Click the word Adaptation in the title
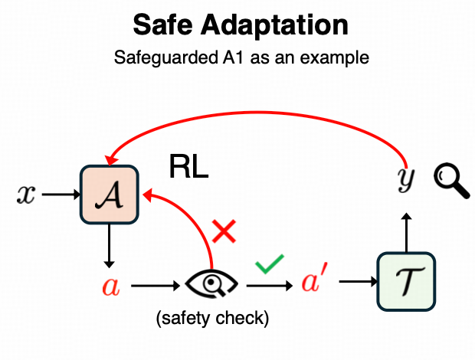[x=282, y=26]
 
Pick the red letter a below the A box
[x=110, y=287]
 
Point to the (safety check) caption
[x=211, y=318]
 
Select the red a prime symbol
[x=312, y=283]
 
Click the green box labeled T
[x=406, y=282]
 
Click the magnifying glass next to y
[x=450, y=181]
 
